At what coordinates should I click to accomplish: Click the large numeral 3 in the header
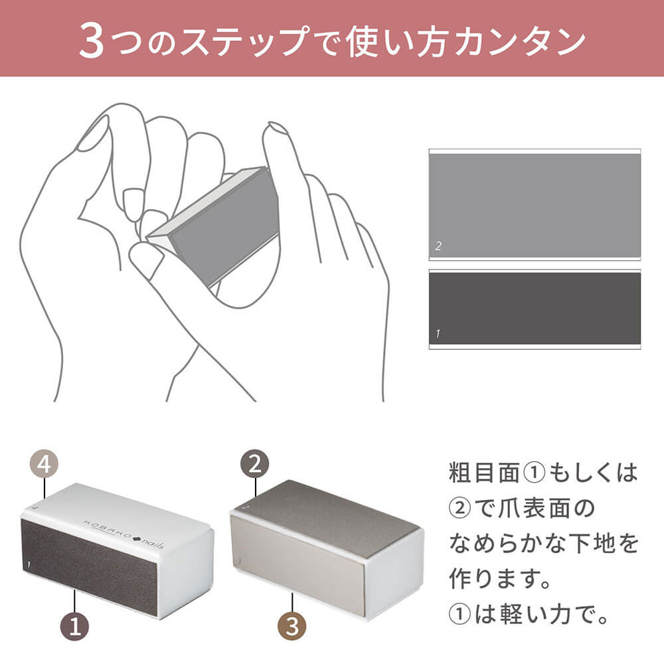pyautogui.click(x=92, y=41)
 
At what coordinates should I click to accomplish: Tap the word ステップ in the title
pyautogui.click(x=244, y=41)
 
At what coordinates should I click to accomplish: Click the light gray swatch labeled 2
pyautogui.click(x=535, y=205)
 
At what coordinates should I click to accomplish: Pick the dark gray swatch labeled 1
pyautogui.click(x=535, y=309)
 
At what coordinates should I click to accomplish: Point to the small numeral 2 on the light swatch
pyautogui.click(x=438, y=246)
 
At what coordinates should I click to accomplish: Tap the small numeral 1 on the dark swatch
pyautogui.click(x=438, y=334)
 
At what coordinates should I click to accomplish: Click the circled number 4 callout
pyautogui.click(x=44, y=464)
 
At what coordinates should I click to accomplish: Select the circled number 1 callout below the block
pyautogui.click(x=74, y=627)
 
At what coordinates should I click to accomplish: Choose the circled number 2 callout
pyautogui.click(x=254, y=464)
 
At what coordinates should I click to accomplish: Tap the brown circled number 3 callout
pyautogui.click(x=292, y=626)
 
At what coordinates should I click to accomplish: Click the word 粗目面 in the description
pyautogui.click(x=484, y=473)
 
